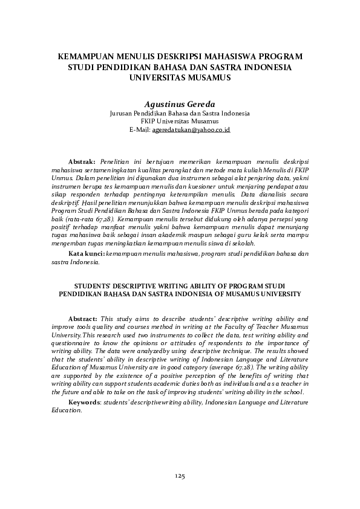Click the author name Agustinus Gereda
[180, 103]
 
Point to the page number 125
[180, 477]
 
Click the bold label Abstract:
[82, 318]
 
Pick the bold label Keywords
[85, 402]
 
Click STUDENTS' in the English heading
[96, 284]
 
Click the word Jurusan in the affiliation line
[122, 113]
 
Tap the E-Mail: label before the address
[140, 129]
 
